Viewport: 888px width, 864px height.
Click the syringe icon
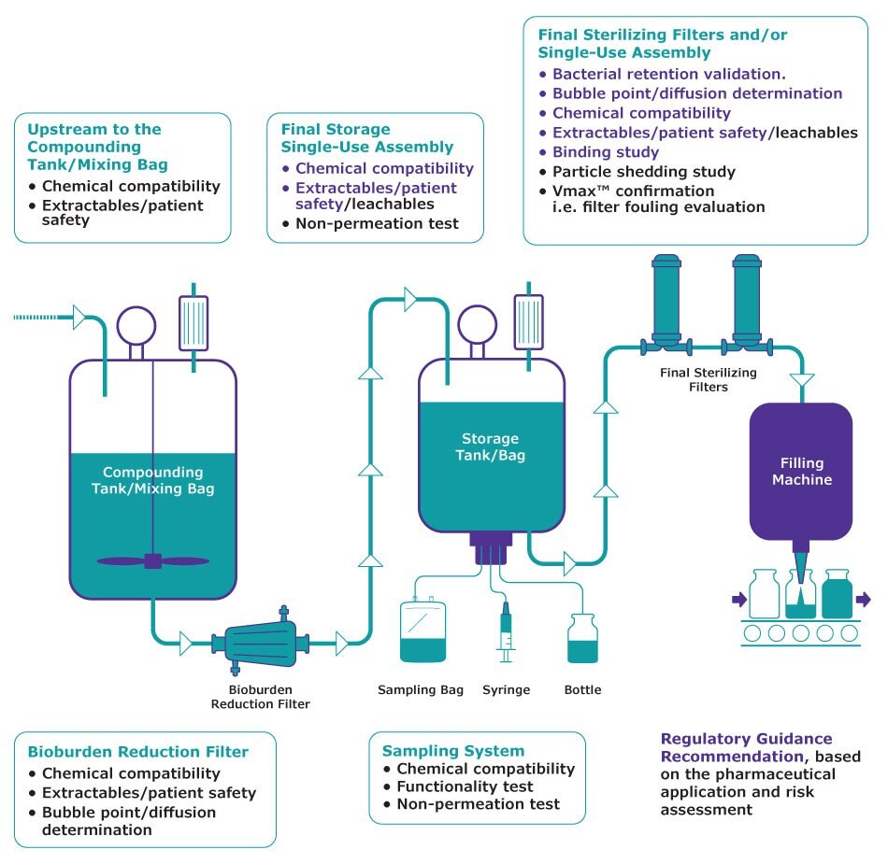click(506, 632)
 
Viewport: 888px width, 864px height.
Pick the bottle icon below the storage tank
click(582, 639)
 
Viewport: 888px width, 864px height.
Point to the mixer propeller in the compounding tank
click(153, 560)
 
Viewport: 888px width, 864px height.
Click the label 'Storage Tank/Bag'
click(490, 446)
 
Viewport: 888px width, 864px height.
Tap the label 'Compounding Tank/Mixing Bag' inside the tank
click(152, 480)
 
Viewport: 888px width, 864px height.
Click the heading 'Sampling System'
click(453, 750)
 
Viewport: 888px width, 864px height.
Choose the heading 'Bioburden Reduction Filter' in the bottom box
click(138, 751)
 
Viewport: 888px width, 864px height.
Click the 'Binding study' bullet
click(606, 152)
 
